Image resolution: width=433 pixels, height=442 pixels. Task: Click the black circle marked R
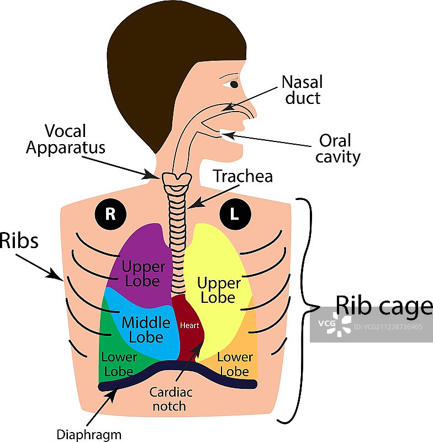(110, 214)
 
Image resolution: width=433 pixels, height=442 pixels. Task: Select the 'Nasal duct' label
(302, 90)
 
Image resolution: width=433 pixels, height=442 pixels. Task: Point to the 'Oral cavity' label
(337, 149)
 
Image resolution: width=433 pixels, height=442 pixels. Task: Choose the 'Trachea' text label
(243, 177)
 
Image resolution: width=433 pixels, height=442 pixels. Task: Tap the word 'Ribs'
(19, 241)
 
